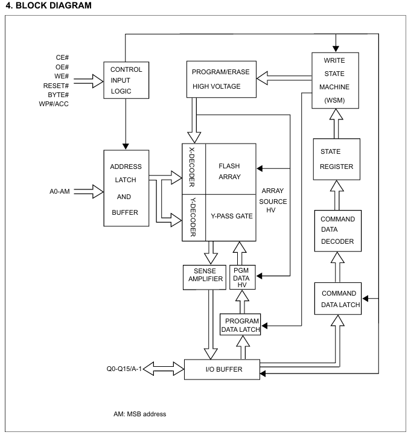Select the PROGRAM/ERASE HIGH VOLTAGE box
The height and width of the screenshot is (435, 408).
pyautogui.click(x=222, y=79)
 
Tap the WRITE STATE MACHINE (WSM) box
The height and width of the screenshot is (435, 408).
pyautogui.click(x=335, y=80)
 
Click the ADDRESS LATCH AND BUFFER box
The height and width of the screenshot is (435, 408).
pyautogui.click(x=126, y=188)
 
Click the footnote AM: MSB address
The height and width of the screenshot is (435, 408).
pyautogui.click(x=136, y=413)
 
